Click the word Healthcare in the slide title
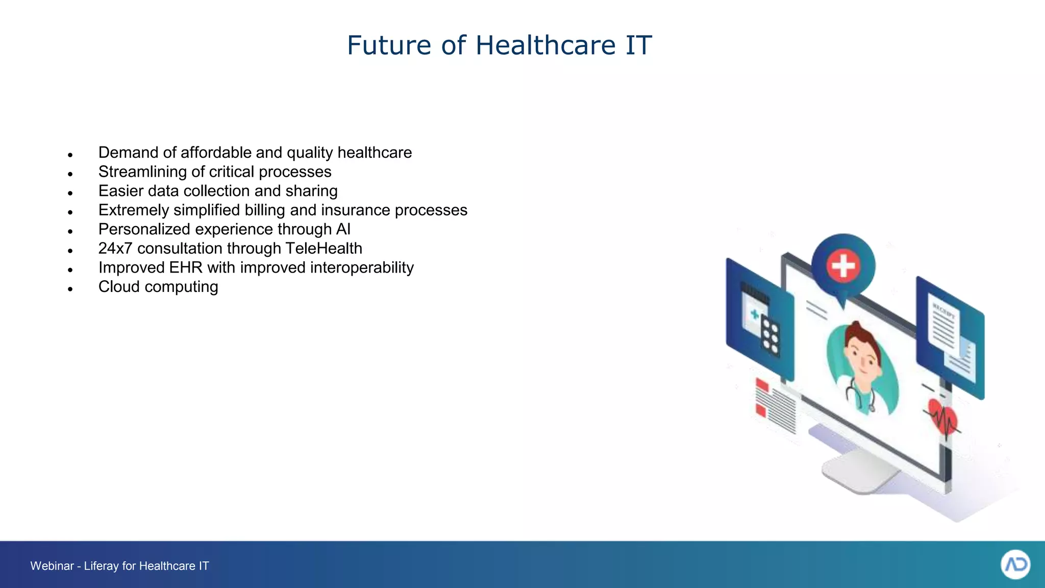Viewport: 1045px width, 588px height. point(546,45)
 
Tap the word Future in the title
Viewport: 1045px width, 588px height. point(390,45)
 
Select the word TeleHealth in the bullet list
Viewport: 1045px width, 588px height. point(324,249)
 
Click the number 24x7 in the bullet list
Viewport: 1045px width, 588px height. point(115,249)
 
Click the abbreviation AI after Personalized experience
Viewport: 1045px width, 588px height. point(343,229)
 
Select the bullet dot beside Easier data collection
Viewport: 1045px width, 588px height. point(70,193)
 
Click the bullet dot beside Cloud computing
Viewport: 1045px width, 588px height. point(70,289)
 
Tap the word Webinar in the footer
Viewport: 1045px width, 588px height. point(52,566)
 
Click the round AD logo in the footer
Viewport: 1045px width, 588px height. point(1015,565)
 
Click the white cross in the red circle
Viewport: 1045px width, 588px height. point(843,265)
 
